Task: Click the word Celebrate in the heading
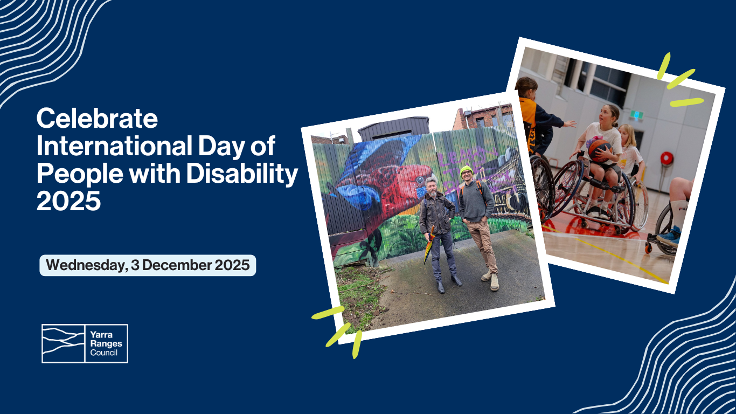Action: click(98, 118)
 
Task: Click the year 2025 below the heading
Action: click(68, 201)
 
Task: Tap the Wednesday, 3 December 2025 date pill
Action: click(148, 265)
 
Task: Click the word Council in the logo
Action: click(104, 353)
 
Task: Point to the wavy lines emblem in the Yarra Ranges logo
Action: click(64, 343)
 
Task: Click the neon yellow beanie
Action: click(466, 170)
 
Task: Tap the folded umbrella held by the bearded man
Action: click(428, 245)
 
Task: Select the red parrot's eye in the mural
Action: click(420, 180)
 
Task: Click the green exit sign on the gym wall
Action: click(636, 115)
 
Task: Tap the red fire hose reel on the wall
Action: click(667, 158)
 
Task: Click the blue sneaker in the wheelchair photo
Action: click(669, 237)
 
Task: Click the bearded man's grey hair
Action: click(431, 181)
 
